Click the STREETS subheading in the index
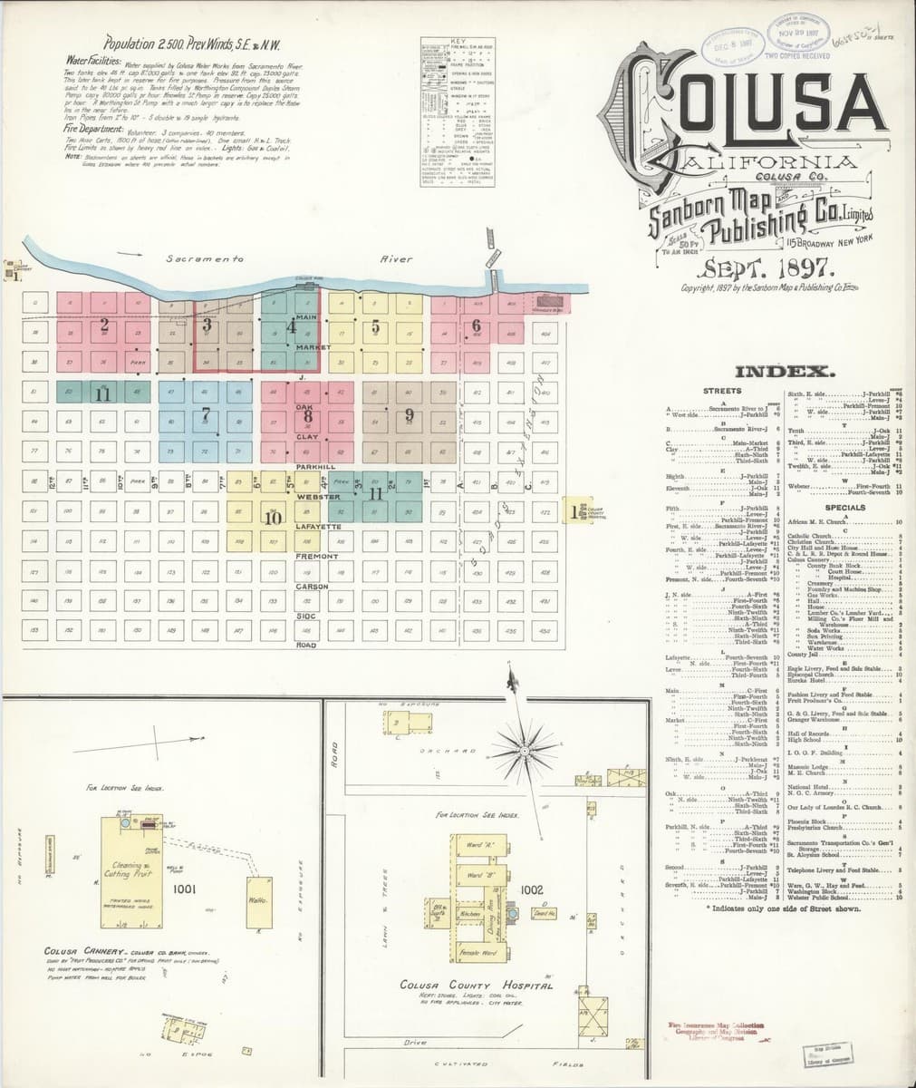click(x=722, y=391)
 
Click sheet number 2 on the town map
click(x=104, y=324)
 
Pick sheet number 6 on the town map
click(x=476, y=325)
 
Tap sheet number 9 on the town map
click(x=410, y=414)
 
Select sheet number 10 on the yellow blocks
click(x=272, y=519)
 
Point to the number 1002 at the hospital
click(x=532, y=891)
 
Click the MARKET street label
click(x=305, y=347)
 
